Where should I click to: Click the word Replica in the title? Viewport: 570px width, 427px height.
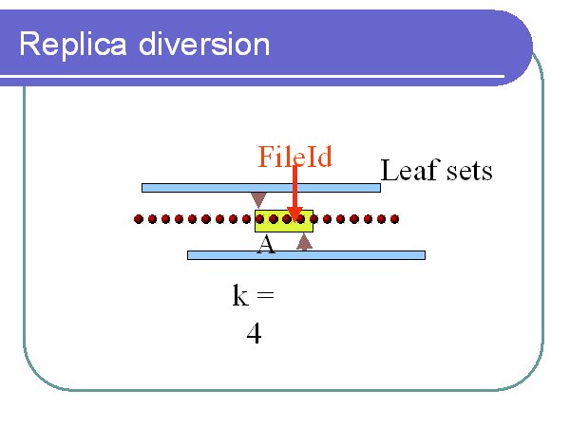click(73, 46)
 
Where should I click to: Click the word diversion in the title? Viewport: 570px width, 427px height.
click(204, 44)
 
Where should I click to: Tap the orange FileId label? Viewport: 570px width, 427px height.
click(294, 157)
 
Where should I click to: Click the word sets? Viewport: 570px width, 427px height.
click(469, 172)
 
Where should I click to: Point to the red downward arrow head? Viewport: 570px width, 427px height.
click(294, 214)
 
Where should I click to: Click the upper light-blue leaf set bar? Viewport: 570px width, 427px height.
click(261, 188)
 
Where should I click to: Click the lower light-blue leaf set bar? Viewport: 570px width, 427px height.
click(306, 255)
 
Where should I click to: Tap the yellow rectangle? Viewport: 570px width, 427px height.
click(284, 221)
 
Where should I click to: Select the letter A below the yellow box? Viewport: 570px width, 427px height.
click(266, 245)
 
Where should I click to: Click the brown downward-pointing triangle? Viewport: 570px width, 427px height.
click(258, 199)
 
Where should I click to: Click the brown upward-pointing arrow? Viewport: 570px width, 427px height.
click(304, 242)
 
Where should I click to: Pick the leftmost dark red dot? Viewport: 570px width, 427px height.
click(139, 219)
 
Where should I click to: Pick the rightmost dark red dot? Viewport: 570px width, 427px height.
click(394, 219)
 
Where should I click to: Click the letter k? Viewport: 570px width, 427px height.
click(240, 295)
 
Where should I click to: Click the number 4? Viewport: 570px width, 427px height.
click(254, 334)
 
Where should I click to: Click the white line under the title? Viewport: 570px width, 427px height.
click(253, 77)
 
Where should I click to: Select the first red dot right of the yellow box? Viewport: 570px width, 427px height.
click(327, 219)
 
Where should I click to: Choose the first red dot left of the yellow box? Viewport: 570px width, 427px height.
click(246, 219)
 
